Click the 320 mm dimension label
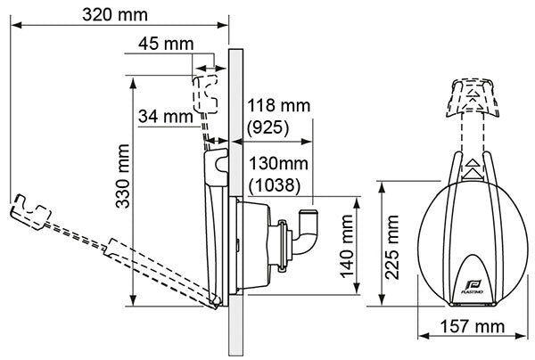[x=117, y=15]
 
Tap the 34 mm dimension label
[x=166, y=115]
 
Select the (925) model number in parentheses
[x=267, y=128]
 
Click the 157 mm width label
[x=472, y=331]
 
